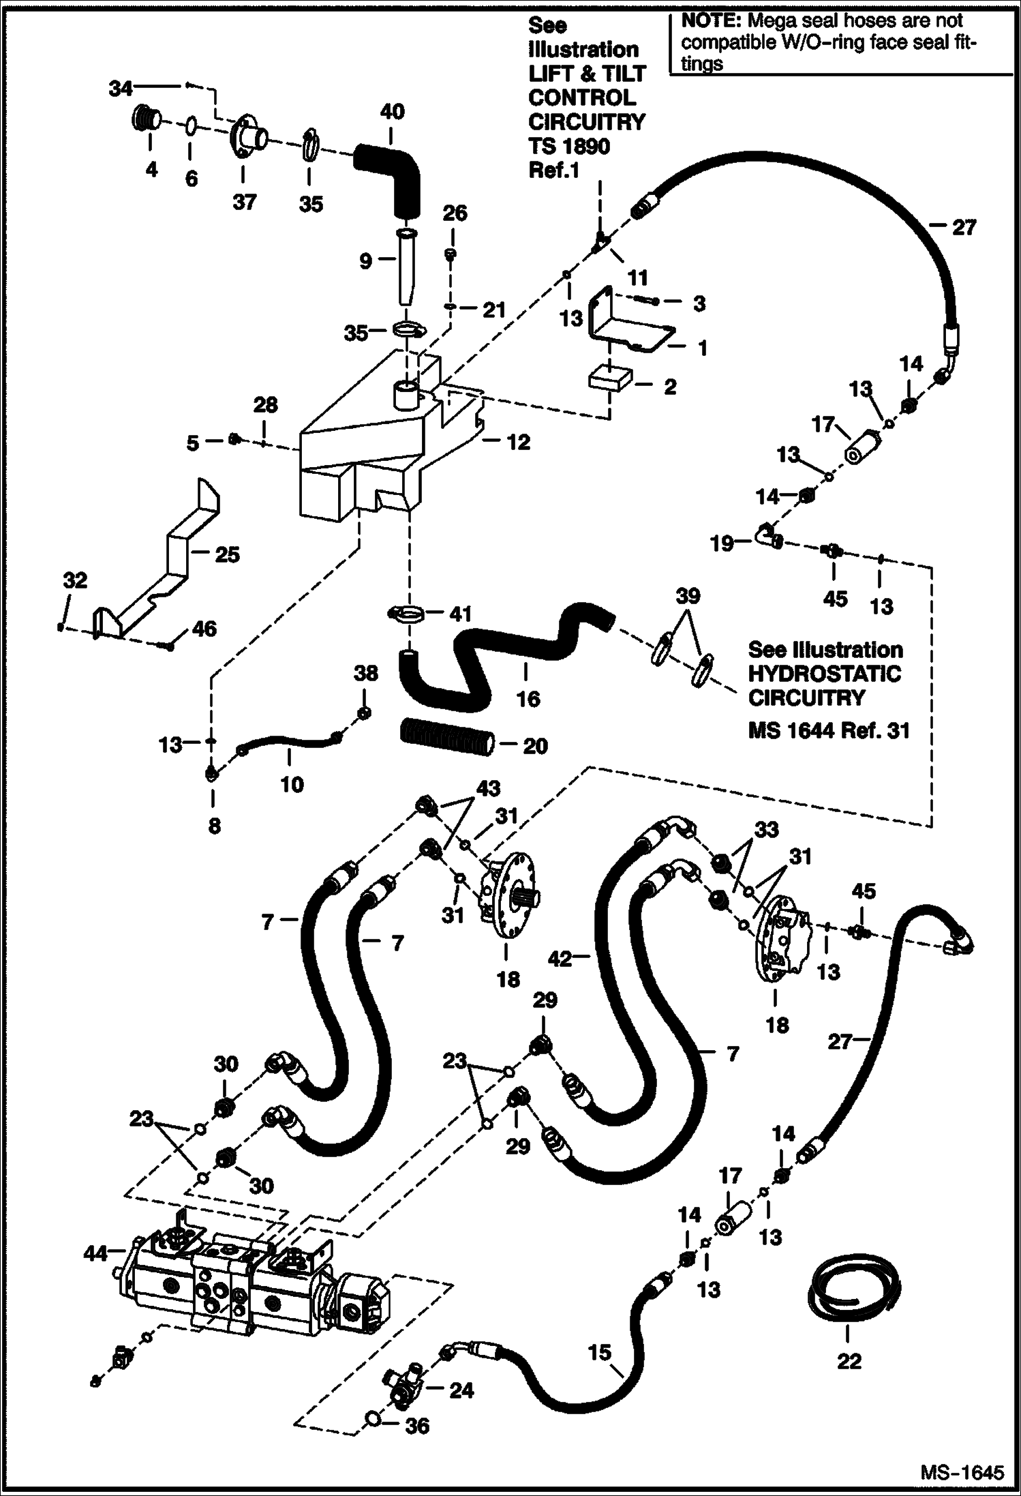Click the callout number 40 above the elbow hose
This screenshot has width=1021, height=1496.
click(392, 112)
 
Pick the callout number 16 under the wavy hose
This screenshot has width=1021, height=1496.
click(528, 700)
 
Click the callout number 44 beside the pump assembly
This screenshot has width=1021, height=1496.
click(96, 1253)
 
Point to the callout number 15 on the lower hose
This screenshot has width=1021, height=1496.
click(600, 1352)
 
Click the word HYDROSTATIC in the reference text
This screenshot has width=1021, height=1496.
click(824, 674)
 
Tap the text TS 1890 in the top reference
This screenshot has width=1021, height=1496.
click(569, 146)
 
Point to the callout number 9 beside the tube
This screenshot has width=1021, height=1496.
click(365, 260)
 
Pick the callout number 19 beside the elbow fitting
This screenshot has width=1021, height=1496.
click(722, 543)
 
